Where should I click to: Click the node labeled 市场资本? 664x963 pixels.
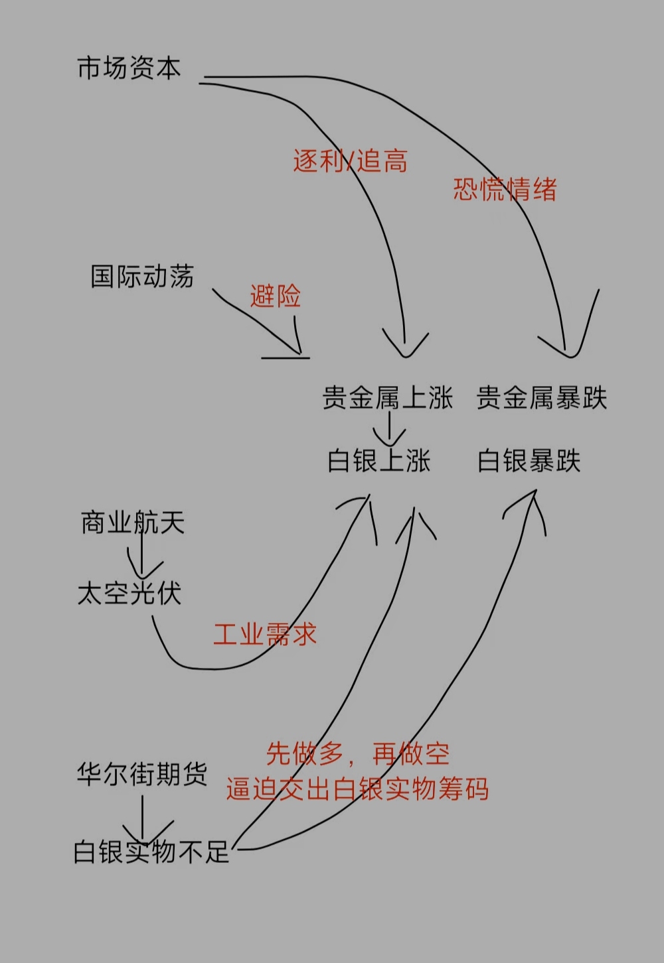tap(129, 68)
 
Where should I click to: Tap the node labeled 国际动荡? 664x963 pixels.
tap(141, 276)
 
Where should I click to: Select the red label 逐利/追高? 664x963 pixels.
tap(350, 161)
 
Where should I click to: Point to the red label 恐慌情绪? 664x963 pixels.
tap(505, 190)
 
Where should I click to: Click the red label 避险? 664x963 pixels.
tap(276, 296)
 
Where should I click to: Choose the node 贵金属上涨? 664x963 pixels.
tap(388, 398)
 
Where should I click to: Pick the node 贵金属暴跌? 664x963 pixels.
tap(542, 398)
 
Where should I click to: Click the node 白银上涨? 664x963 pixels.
tap(379, 461)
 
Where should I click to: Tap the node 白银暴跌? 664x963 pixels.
tap(529, 461)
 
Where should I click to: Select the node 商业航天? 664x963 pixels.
tap(132, 523)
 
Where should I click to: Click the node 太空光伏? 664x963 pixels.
tap(129, 593)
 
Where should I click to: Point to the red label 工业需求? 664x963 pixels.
tap(264, 635)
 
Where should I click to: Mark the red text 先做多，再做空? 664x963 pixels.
tap(357, 754)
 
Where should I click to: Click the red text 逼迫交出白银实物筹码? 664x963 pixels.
tap(357, 789)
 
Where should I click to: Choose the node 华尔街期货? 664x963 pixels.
tap(141, 774)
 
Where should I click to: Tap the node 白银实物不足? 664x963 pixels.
tap(151, 852)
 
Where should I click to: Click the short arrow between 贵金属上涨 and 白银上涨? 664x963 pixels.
tap(389, 430)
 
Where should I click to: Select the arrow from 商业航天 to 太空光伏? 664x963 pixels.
tap(142, 556)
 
